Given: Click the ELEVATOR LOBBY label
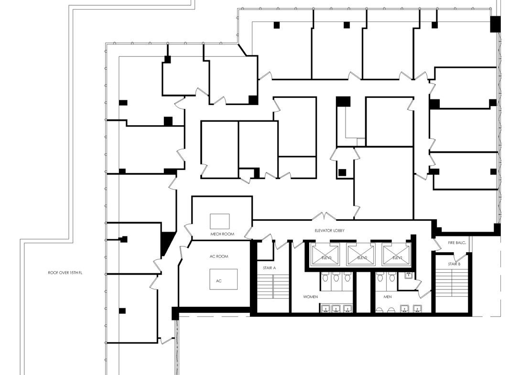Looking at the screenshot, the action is (x=329, y=230).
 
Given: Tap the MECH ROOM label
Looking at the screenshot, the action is (x=222, y=234).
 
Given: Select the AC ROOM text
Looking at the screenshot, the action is (x=219, y=257).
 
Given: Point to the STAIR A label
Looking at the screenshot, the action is (x=269, y=268).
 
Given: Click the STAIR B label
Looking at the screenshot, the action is (x=454, y=264).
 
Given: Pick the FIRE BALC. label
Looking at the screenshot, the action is (x=457, y=243).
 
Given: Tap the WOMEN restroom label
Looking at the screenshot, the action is (x=310, y=297).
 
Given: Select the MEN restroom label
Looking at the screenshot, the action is (x=387, y=297).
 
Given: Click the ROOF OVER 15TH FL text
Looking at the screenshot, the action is (x=65, y=273).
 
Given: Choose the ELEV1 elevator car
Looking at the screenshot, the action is (x=397, y=254).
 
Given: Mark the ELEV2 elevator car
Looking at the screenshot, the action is (x=361, y=254).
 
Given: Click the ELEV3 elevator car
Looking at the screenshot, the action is (x=325, y=254).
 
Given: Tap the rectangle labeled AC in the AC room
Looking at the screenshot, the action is (x=223, y=279).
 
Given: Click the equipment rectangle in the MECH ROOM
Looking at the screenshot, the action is (x=219, y=222).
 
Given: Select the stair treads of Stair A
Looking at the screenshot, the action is (x=273, y=286).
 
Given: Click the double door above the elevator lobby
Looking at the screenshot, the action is (x=324, y=216).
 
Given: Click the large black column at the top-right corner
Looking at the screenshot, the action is (x=496, y=24).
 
